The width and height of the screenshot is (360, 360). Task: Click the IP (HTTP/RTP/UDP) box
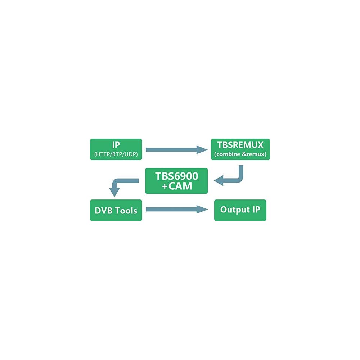(116, 149)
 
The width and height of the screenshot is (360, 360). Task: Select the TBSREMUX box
(240, 149)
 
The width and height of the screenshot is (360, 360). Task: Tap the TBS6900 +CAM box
(176, 181)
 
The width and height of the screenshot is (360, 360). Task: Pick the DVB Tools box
(116, 210)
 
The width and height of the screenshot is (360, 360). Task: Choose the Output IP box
(240, 210)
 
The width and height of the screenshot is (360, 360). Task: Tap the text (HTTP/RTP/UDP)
(116, 155)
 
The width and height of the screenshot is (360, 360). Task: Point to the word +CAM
(176, 186)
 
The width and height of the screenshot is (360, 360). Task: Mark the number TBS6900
(176, 176)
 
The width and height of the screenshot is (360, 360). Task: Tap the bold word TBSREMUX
(240, 145)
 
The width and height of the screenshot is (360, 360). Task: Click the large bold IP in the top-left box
(116, 145)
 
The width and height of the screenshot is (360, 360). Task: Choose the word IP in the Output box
(255, 210)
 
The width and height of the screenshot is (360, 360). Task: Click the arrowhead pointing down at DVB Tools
(114, 193)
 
